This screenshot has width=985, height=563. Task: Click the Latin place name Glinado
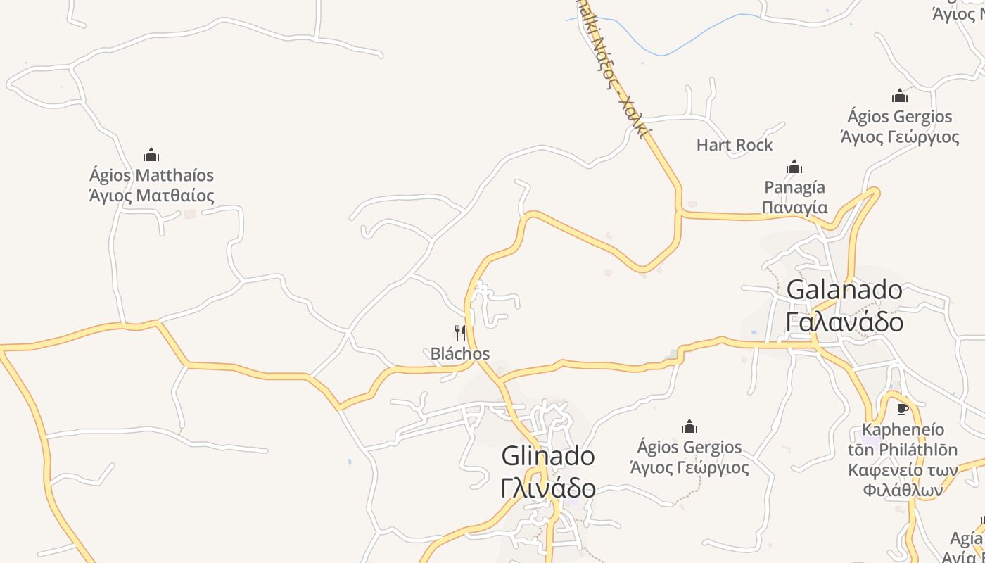coord(548,456)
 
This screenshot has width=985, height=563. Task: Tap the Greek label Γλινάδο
coord(548,488)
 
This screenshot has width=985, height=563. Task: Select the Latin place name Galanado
coord(844,289)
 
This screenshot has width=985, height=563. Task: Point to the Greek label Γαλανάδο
coord(844,322)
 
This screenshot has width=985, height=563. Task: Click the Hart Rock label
coord(735,145)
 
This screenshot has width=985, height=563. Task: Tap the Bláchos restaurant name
coord(460,353)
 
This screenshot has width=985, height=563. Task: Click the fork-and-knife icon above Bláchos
coord(460,332)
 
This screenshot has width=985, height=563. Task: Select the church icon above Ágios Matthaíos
coord(151,155)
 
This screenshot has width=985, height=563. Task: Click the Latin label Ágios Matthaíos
coord(151,175)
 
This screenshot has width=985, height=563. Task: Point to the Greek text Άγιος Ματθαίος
coord(151,196)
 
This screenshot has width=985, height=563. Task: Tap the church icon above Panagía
coord(794,167)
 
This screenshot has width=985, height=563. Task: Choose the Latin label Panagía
coord(794,187)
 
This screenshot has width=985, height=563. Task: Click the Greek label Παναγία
coord(794,208)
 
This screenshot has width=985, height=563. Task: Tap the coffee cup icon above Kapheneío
coord(903,409)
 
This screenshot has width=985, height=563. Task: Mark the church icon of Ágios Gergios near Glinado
coord(689,426)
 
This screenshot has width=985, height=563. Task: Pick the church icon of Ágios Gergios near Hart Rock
coord(900,96)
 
